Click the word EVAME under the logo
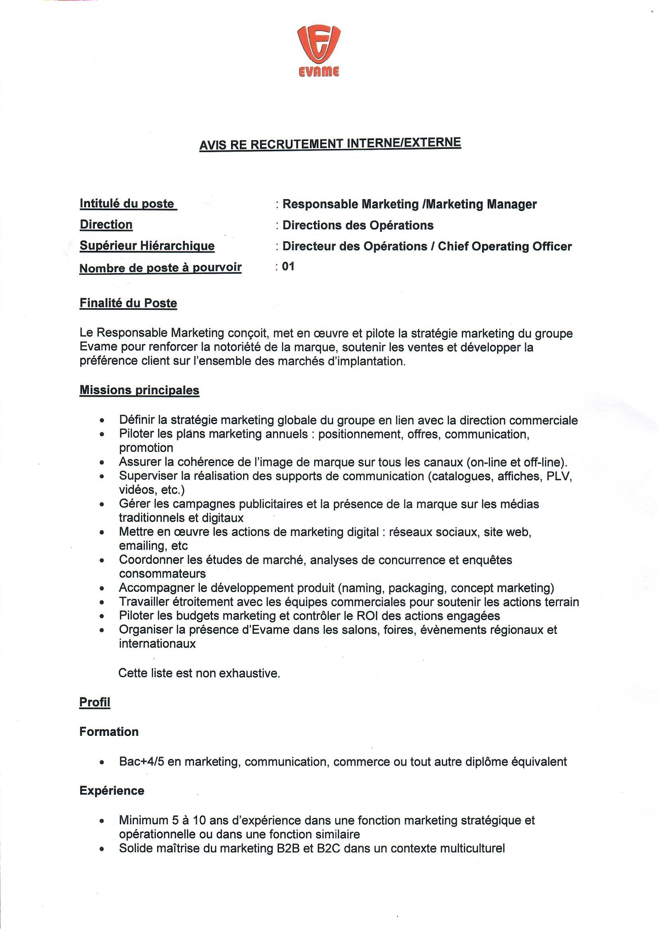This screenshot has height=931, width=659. pyautogui.click(x=319, y=72)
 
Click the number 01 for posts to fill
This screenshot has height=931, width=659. pyautogui.click(x=288, y=266)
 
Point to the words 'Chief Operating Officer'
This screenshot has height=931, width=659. pyautogui.click(x=504, y=246)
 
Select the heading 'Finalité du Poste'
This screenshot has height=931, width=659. pyautogui.click(x=128, y=303)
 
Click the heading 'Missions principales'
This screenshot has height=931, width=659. pyautogui.click(x=139, y=390)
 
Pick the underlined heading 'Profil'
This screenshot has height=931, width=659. pyautogui.click(x=94, y=702)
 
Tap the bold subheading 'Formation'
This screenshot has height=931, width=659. pyautogui.click(x=109, y=732)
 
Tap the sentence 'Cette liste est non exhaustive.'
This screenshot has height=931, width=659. pyautogui.click(x=199, y=673)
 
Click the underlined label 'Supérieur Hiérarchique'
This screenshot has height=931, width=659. pyautogui.click(x=147, y=246)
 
